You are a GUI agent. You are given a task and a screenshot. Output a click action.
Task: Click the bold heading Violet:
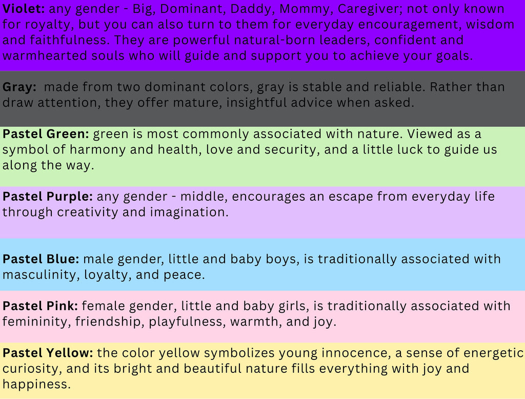pyautogui.click(x=24, y=9)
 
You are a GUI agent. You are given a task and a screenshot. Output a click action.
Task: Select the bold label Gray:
pyautogui.click(x=19, y=87)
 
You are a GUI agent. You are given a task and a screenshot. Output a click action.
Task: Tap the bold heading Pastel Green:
pyautogui.click(x=46, y=134)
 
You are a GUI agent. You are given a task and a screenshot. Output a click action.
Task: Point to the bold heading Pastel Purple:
pyautogui.click(x=48, y=197)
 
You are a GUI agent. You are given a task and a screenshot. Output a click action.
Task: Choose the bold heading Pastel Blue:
pyautogui.click(x=41, y=259)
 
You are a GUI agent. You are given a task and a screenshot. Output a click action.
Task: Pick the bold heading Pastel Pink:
pyautogui.click(x=40, y=306)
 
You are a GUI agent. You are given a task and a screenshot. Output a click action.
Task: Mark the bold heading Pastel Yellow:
pyautogui.click(x=48, y=353)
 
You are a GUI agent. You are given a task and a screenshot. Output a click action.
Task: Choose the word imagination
pyautogui.click(x=189, y=213)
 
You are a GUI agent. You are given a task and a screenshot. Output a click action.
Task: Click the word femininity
pyautogui.click(x=36, y=322)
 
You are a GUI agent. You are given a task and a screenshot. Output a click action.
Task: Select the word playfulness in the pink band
pyautogui.click(x=188, y=322)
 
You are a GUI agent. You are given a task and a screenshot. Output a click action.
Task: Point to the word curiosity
pyautogui.click(x=32, y=369)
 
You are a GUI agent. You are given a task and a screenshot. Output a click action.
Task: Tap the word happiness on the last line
pyautogui.click(x=36, y=384)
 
